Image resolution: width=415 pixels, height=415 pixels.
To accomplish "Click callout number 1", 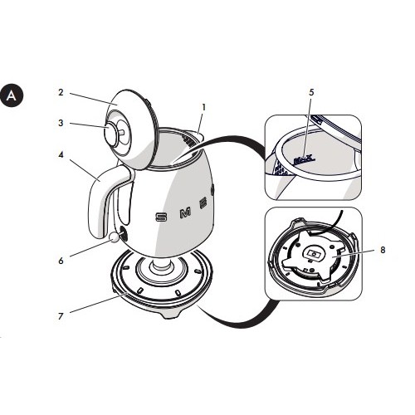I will point(203,106).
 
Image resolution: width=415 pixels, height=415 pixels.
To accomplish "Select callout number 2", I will point(61,95).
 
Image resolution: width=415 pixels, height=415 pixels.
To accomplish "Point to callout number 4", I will point(61,153).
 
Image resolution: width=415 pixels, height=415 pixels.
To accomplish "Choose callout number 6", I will point(61,260).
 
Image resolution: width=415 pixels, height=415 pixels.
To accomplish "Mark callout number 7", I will point(61,315).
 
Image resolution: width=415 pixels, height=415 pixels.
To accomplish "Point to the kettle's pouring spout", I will point(199,131).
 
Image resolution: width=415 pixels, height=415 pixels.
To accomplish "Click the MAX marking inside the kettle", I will point(305,156).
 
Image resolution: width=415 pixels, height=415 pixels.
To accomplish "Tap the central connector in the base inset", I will point(314,256).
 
